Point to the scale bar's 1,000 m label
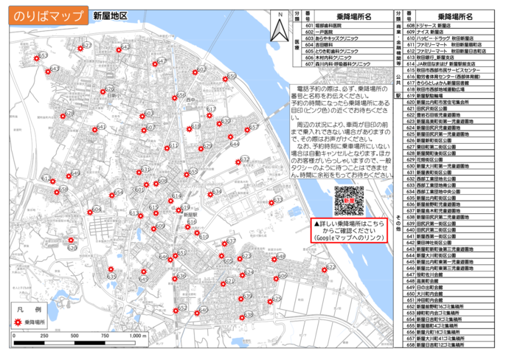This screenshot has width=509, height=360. point(137,336)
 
